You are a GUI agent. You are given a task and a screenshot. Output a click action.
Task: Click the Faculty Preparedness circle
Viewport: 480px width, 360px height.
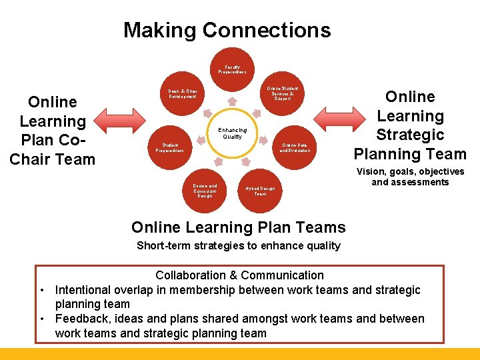pos(231,69)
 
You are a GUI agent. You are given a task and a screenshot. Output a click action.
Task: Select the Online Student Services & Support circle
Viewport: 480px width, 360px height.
pos(283,93)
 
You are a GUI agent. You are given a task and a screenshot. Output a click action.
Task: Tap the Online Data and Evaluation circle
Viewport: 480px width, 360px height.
pos(294,148)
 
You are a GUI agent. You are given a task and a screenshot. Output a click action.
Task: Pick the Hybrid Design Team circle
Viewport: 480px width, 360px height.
pos(260,191)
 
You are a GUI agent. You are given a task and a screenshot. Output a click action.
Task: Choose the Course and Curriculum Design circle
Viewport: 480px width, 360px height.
pos(205,191)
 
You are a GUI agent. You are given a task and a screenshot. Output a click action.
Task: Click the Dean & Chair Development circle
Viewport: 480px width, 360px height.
pos(182,93)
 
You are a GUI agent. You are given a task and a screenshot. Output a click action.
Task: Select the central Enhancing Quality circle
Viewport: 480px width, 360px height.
pos(232,133)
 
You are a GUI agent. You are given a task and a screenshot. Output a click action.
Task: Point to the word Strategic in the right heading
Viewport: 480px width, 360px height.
pos(410,135)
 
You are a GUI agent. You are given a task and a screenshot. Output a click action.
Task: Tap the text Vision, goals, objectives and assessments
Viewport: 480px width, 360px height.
pos(410,177)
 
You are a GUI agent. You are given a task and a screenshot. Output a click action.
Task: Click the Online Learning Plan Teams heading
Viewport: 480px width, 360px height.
pos(239,227)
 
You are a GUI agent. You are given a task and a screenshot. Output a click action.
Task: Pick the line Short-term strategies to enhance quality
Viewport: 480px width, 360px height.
pos(239,245)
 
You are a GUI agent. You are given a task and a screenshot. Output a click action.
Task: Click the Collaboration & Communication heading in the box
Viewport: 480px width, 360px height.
pos(239,275)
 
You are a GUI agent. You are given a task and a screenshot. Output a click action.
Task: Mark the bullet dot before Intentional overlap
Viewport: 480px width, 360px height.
pos(42,291)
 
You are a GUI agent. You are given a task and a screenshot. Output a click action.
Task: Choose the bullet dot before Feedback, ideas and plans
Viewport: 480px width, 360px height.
pos(42,319)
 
